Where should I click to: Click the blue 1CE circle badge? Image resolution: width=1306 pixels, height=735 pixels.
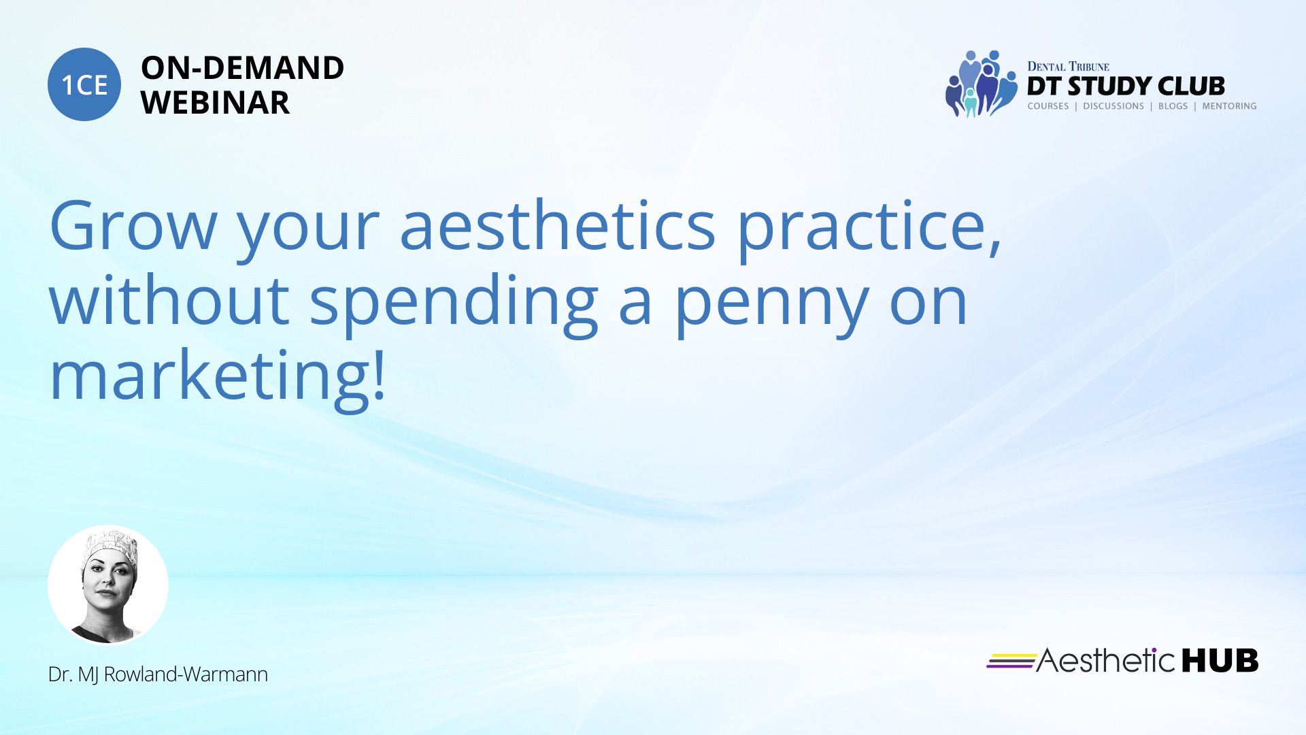coord(84,84)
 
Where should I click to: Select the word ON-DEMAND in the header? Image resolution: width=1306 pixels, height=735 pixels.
coord(242,68)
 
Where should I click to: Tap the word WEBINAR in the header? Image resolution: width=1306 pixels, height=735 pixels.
coord(215,103)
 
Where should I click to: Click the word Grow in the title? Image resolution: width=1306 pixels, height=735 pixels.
coord(133,225)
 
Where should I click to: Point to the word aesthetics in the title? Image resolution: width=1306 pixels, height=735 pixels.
coord(557,224)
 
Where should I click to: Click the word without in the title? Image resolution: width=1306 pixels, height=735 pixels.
coord(170,299)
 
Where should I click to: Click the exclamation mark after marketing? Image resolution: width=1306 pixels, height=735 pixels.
coord(379,374)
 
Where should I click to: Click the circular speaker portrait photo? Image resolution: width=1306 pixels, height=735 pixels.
coord(108,585)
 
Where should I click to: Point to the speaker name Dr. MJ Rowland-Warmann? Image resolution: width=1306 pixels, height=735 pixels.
coord(158,674)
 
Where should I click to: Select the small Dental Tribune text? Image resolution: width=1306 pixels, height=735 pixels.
coord(1068,67)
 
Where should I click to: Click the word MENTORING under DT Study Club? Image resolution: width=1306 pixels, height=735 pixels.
coord(1229,106)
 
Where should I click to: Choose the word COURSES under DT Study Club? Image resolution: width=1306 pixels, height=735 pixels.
coord(1048,106)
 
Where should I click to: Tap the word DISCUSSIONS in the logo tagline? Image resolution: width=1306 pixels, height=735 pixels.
coord(1114,106)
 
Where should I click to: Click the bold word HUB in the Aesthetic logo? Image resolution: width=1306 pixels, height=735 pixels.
coord(1220,661)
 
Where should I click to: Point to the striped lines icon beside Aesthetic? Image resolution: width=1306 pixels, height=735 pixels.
coord(1011,661)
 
